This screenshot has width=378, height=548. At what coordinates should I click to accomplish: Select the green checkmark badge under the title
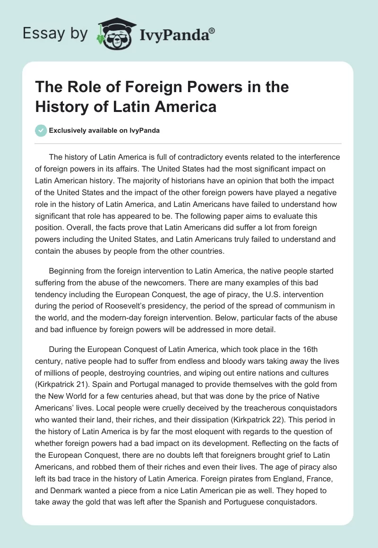tap(41, 130)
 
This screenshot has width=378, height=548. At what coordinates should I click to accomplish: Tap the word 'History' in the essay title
tap(63, 106)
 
